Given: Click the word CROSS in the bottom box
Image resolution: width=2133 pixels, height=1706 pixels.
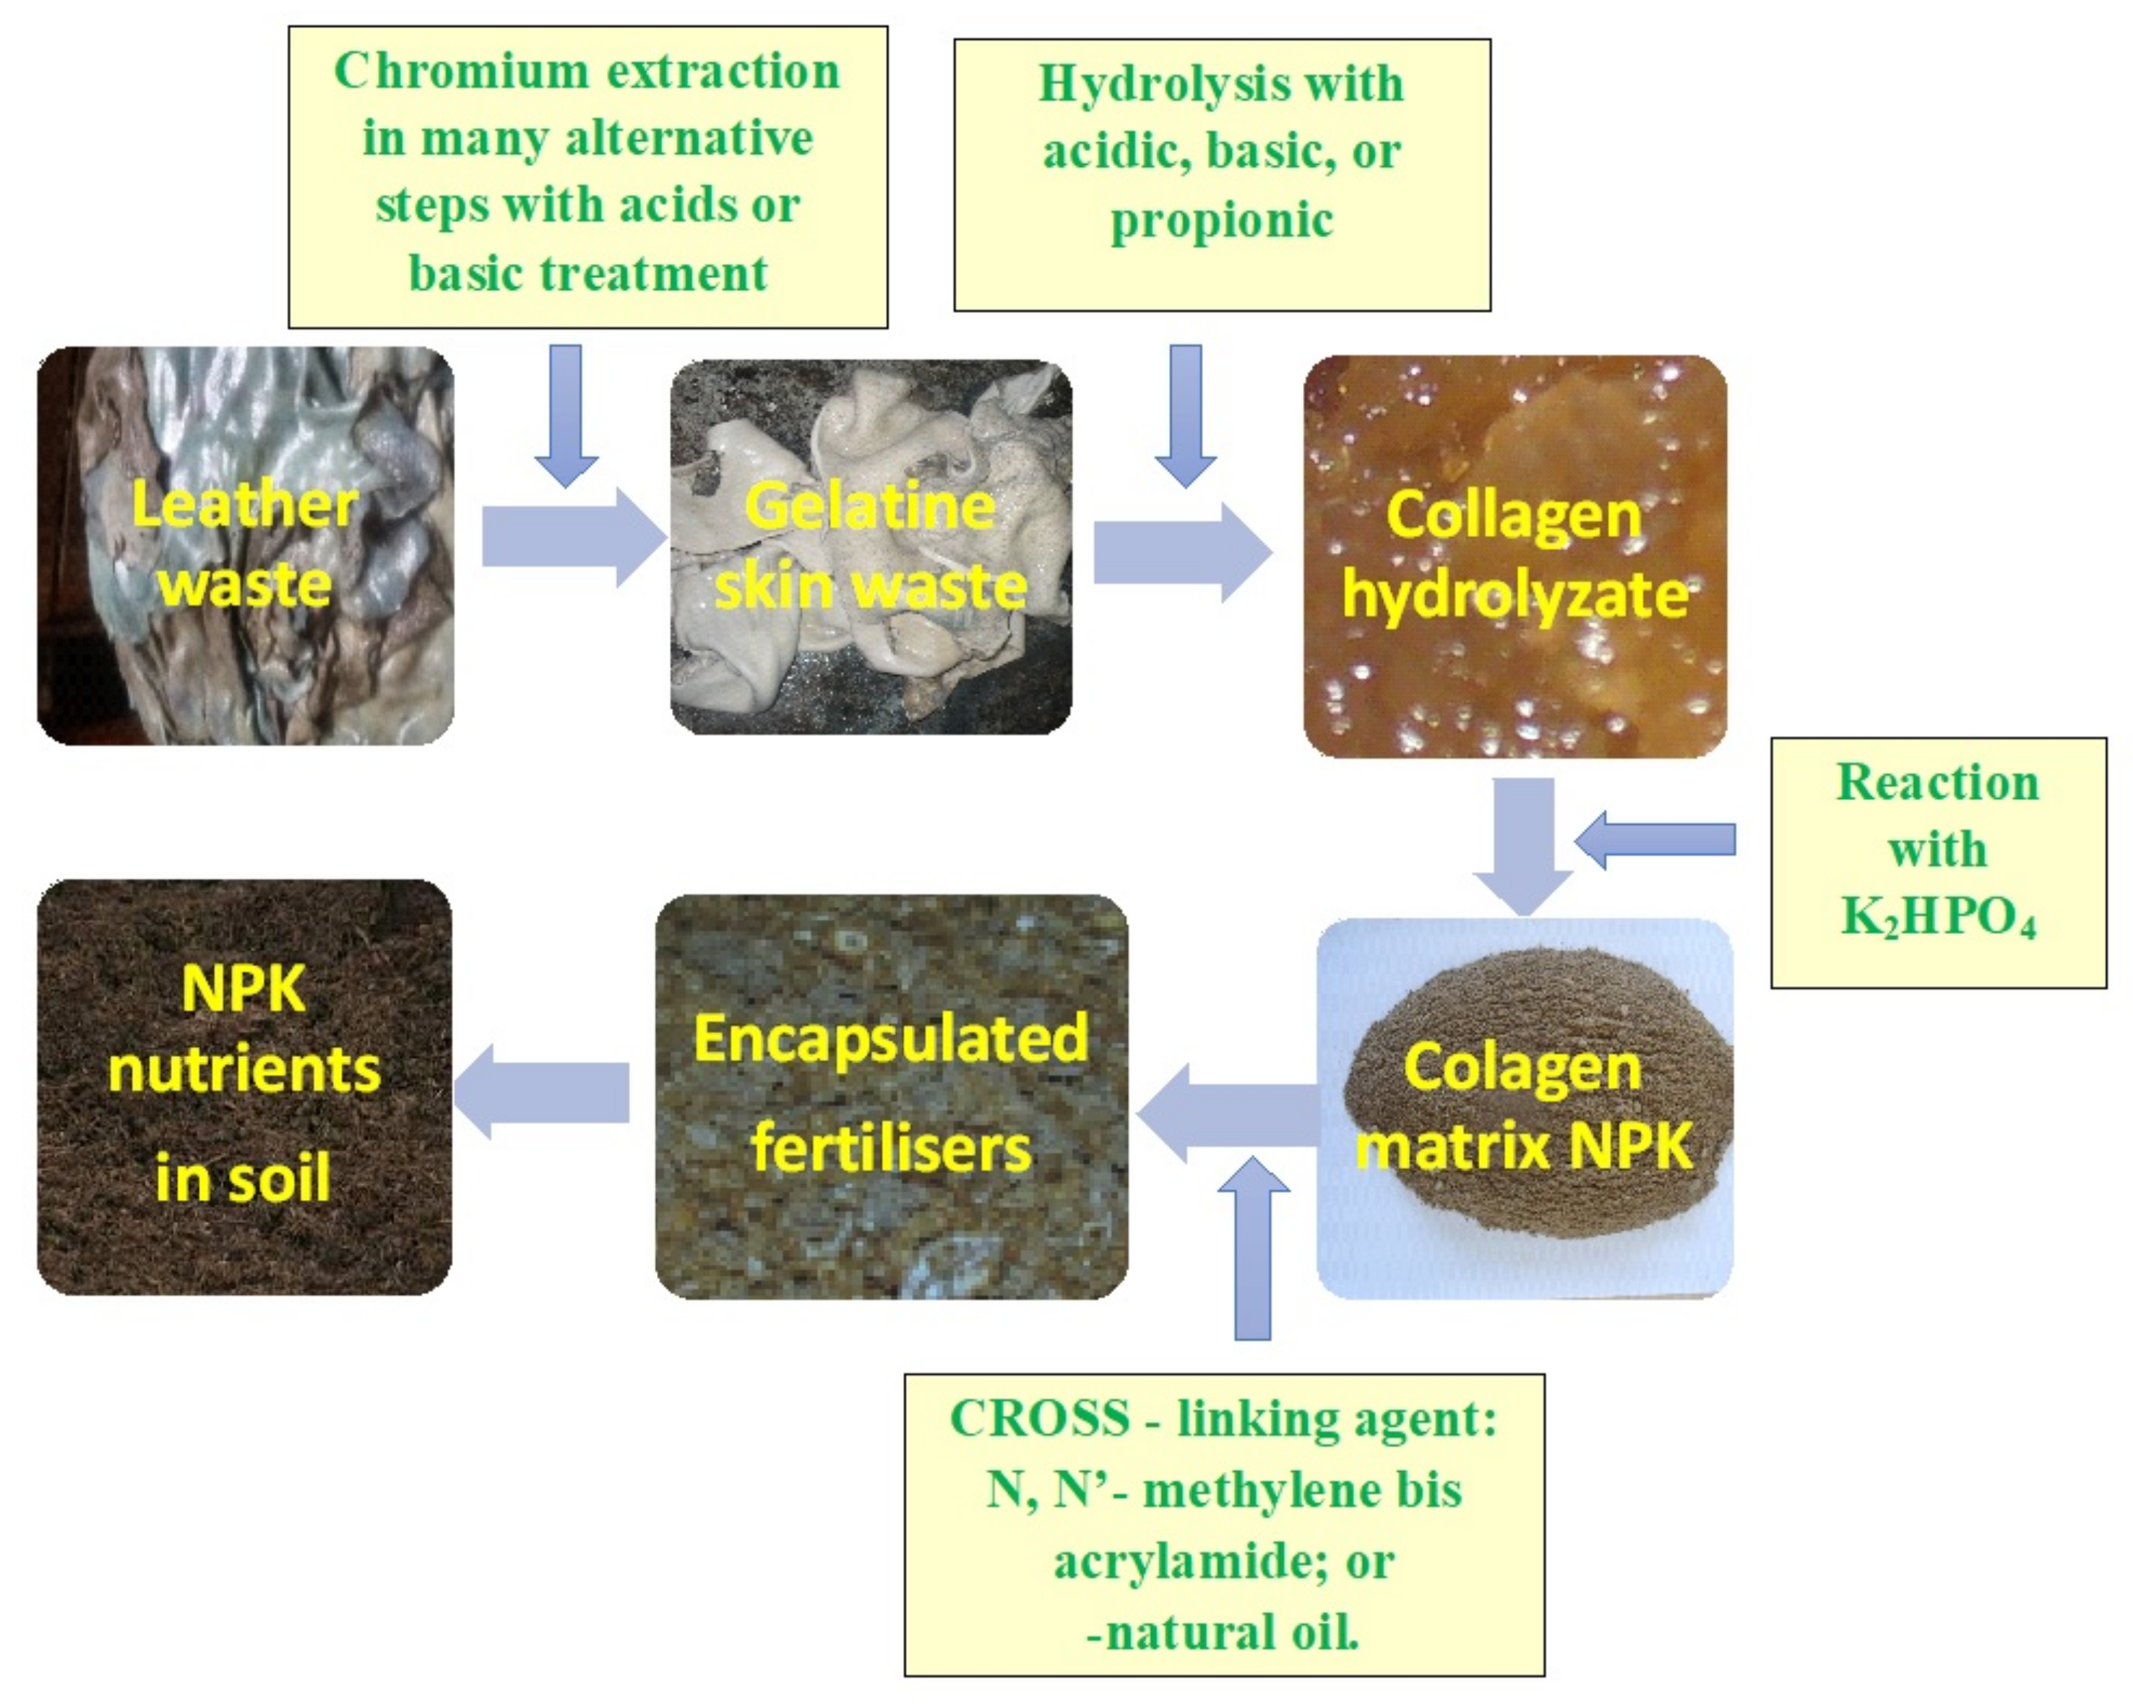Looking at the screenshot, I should (1039, 1418).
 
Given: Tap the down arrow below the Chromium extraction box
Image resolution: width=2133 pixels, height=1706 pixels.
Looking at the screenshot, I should (566, 416).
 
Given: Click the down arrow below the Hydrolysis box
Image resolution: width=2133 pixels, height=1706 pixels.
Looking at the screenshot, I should (1185, 416).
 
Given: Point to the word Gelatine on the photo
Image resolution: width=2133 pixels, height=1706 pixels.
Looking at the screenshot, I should (870, 507).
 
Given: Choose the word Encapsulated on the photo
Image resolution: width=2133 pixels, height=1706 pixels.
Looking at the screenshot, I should (890, 1039).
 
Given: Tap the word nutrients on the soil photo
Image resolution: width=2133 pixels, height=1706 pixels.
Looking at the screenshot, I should (244, 1071).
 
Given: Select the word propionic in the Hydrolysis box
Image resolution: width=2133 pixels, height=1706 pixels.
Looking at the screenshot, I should (1221, 220).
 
